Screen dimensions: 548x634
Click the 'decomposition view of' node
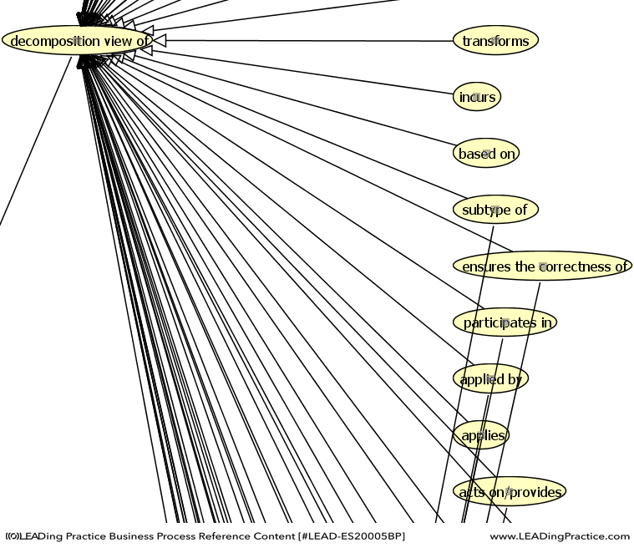(77, 40)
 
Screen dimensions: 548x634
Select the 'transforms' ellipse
(495, 40)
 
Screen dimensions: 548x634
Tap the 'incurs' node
(477, 97)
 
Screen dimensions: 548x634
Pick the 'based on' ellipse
(487, 154)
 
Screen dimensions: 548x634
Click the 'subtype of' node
(495, 210)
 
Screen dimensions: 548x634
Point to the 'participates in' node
(505, 322)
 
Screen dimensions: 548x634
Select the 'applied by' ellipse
(491, 379)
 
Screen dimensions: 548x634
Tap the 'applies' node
(482, 435)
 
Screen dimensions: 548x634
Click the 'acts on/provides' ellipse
(510, 492)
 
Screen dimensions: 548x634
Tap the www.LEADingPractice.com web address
(559, 536)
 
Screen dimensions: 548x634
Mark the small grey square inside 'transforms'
(496, 40)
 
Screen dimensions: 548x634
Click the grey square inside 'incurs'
(475, 97)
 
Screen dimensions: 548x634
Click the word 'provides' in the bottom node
(535, 492)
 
